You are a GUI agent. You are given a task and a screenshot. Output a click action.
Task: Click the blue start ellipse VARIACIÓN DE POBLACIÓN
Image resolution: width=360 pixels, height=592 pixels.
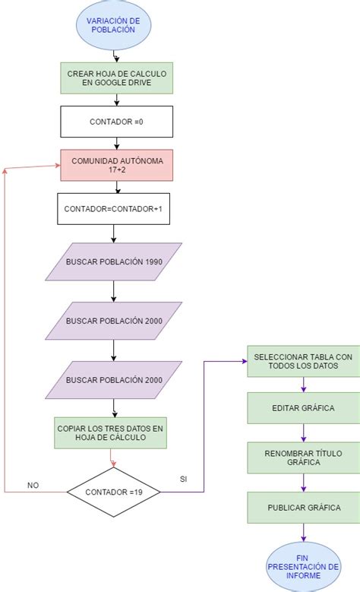[114, 24]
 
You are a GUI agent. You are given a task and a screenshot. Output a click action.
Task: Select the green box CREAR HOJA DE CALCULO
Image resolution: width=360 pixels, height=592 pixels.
[117, 78]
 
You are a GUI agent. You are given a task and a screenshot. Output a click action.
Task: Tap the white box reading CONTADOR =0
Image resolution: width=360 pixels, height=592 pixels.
[117, 121]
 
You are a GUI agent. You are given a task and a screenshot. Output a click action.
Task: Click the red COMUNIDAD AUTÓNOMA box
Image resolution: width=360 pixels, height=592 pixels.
[117, 165]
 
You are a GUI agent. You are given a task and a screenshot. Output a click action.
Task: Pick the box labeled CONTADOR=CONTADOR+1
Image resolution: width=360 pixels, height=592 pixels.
[114, 208]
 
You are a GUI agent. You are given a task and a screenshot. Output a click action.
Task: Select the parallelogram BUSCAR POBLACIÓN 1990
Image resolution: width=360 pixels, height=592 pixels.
[114, 262]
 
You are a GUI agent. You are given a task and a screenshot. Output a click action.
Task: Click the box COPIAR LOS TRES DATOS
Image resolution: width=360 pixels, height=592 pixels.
[111, 433]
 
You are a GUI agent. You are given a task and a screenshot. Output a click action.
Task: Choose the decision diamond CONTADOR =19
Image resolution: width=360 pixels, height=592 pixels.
[114, 492]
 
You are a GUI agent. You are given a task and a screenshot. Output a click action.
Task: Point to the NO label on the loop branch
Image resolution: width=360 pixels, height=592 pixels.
[33, 484]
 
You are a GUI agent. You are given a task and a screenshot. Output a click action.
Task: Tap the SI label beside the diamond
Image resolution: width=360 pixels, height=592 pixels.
[182, 480]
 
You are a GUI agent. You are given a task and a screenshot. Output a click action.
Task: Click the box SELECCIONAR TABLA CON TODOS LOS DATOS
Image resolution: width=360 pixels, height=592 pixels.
[303, 362]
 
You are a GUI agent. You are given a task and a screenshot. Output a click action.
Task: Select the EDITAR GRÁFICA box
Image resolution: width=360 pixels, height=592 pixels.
[303, 408]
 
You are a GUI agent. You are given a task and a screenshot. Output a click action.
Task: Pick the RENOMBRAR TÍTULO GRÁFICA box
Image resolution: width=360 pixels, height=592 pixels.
[303, 457]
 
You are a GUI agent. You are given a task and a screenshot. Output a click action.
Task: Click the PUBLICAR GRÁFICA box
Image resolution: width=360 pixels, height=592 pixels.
[303, 508]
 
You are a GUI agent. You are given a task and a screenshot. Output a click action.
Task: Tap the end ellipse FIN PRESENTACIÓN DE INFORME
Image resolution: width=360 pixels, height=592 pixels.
[302, 566]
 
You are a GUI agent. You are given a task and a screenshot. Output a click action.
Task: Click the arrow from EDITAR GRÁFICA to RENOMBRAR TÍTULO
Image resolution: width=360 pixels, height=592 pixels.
[304, 433]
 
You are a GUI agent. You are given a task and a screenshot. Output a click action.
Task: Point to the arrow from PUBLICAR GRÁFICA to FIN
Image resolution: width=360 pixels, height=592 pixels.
[304, 532]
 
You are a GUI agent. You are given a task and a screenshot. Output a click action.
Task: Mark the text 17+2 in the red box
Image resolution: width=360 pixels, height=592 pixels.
[117, 170]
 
